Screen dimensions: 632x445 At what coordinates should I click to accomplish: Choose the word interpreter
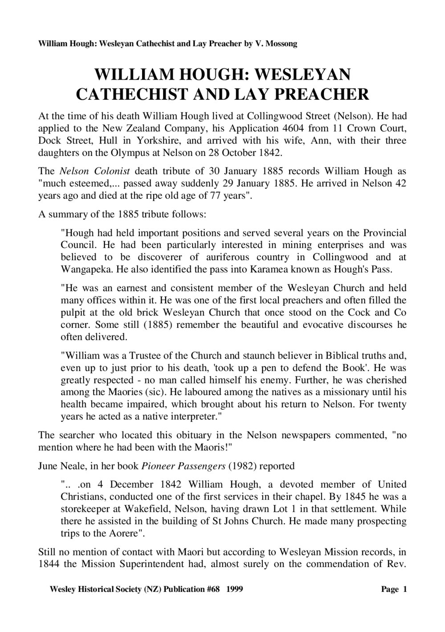194,416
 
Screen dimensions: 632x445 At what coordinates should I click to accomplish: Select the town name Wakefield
134,508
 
